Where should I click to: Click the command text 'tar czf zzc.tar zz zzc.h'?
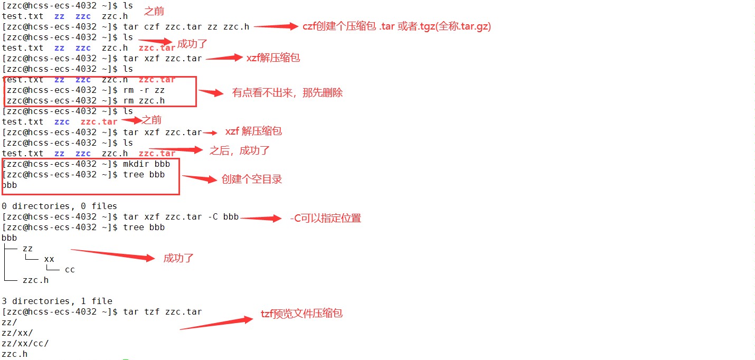coord(186,27)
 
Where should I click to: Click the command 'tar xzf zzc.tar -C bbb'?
coord(181,217)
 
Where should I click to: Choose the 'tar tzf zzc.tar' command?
coord(162,312)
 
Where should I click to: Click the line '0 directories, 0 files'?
coord(59,206)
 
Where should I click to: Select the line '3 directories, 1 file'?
coord(56,301)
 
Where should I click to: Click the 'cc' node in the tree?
coord(70,270)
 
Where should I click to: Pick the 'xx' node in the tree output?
coord(49,259)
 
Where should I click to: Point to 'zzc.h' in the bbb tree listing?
coord(35,280)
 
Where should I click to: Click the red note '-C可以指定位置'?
coord(325,218)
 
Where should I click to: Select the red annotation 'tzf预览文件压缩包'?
coord(301,314)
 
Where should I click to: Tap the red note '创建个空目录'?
coord(252,179)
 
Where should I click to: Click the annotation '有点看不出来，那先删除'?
coord(287,93)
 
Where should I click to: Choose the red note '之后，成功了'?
coord(240,150)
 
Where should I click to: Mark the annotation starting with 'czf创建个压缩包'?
coord(397,26)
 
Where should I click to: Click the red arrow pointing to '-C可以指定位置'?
coord(261,218)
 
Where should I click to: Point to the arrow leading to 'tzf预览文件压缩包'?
coord(216,324)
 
